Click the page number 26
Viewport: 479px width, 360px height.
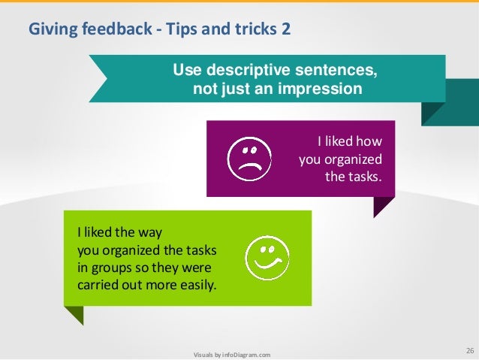point(470,350)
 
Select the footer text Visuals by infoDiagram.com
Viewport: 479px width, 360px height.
point(232,355)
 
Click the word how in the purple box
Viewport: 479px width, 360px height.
point(369,141)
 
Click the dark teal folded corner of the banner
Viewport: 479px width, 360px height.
point(433,113)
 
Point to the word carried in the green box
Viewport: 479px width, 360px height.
point(99,285)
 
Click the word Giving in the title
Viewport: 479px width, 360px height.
point(47,29)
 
